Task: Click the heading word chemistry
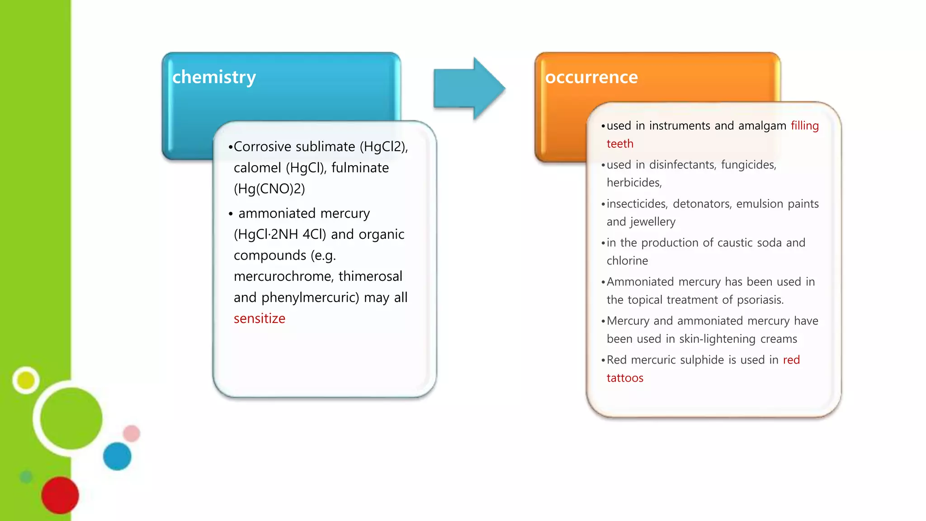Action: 214,77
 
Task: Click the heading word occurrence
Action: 591,77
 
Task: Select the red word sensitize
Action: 259,318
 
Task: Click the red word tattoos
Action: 624,378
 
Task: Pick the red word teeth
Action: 619,144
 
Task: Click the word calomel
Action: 257,168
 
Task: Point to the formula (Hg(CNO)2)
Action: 269,189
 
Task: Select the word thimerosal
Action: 370,276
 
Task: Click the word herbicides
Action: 633,183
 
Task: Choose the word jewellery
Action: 652,222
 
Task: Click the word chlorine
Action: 627,261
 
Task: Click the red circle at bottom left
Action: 60,495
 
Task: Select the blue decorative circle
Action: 117,456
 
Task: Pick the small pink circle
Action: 132,433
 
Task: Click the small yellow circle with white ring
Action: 26,380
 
